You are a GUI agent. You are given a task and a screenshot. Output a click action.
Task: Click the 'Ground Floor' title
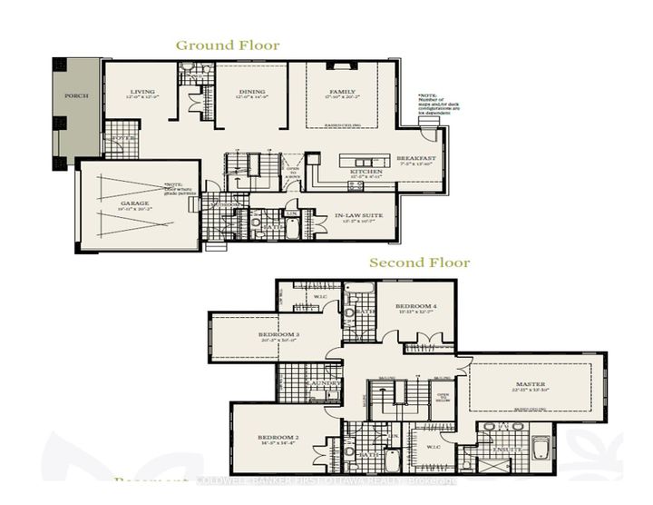pyautogui.click(x=228, y=45)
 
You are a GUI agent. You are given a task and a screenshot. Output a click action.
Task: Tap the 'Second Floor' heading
pyautogui.click(x=419, y=262)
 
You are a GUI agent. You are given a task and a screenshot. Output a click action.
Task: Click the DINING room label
pyautogui.click(x=251, y=92)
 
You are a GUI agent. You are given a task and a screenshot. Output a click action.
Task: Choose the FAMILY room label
pyautogui.click(x=341, y=92)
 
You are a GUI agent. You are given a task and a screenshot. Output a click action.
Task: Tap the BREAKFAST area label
pyautogui.click(x=416, y=159)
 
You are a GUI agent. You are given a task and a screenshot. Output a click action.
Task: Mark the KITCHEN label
pyautogui.click(x=365, y=171)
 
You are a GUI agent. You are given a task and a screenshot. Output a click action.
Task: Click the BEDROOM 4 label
pyautogui.click(x=416, y=307)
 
